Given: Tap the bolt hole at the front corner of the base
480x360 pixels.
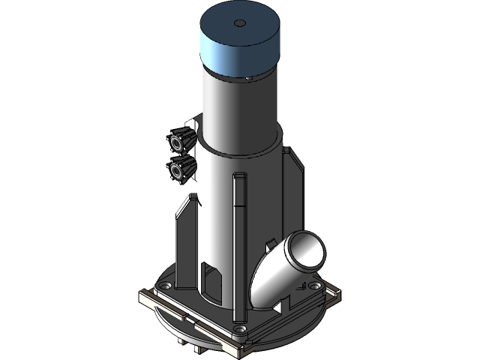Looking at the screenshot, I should pos(239,328).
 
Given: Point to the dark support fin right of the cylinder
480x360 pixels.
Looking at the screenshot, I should pos(292,187).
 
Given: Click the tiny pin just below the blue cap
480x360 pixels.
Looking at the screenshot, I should pos(248,77).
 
